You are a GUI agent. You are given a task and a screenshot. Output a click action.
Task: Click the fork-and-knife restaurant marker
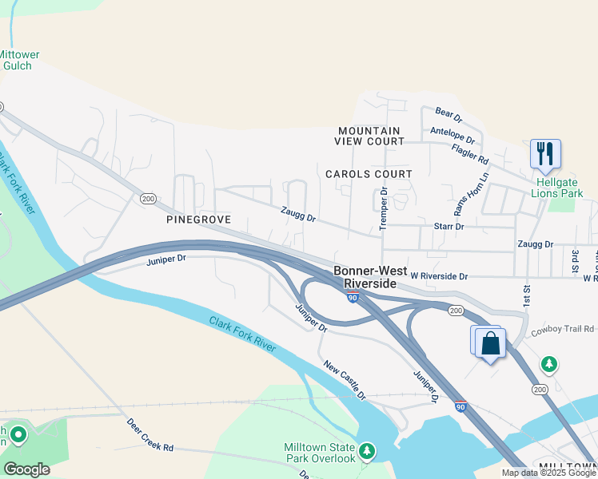click(545, 153)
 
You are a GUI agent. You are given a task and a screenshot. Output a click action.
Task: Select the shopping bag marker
click(490, 344)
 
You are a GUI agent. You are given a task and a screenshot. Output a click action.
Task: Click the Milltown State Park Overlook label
click(320, 453)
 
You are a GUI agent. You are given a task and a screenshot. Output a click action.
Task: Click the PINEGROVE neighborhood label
click(198, 219)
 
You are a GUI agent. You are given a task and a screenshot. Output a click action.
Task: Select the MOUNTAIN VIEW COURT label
click(369, 136)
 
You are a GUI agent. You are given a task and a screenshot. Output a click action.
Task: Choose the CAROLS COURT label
click(369, 173)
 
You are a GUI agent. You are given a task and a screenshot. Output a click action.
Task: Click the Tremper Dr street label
click(384, 208)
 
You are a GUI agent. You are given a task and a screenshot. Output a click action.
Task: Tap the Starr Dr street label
click(448, 227)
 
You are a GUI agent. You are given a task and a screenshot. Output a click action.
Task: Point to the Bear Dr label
click(449, 116)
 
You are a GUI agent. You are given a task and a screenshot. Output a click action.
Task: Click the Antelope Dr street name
click(452, 135)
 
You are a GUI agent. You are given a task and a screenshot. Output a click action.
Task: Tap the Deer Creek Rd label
click(150, 434)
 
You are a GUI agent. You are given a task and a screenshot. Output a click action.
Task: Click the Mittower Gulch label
click(18, 60)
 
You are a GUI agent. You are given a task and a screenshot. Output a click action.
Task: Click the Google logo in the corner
click(26, 469)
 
